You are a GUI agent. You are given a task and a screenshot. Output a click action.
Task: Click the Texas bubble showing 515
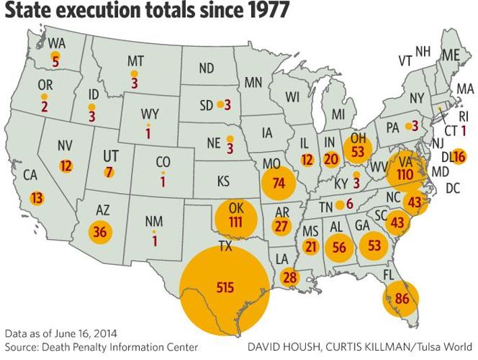(x=225, y=287)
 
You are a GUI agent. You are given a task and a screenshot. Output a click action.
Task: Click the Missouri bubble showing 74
(x=279, y=182)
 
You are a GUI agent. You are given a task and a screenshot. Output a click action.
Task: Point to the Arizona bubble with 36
(x=100, y=232)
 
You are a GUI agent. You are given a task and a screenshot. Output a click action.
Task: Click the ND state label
(x=207, y=68)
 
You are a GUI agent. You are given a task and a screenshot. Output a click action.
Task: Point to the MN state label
(x=253, y=83)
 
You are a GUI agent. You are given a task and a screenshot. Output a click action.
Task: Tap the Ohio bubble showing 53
(x=358, y=150)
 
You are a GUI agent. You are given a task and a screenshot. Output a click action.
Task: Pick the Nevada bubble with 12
(x=66, y=166)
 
